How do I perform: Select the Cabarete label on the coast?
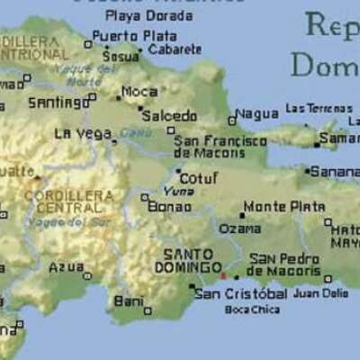tap(175, 49)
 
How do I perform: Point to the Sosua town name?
tap(121, 56)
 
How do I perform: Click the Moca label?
tap(139, 91)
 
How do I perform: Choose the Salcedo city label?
tap(169, 115)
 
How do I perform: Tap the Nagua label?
tap(257, 114)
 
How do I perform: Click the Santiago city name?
tap(58, 103)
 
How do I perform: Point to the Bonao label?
tap(170, 206)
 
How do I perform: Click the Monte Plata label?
tap(283, 206)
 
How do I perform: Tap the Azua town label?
tap(67, 267)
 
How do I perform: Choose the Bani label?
tap(129, 300)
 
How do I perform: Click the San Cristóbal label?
tap(240, 293)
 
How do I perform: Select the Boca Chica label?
tap(252, 310)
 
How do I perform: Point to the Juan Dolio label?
tap(320, 292)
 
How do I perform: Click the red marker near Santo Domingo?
tap(223, 275)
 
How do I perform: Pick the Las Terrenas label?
tap(319, 108)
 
